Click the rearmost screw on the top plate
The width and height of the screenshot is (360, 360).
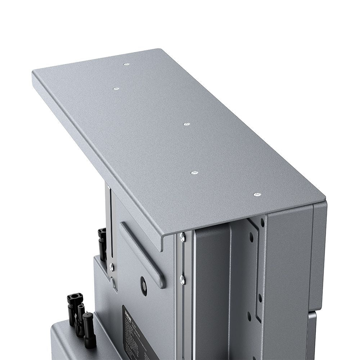coord(126,64)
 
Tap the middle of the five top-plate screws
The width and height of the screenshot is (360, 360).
coord(186,124)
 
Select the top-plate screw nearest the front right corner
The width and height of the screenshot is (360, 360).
coord(256,195)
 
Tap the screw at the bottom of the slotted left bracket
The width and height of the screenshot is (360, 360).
coord(112,267)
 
